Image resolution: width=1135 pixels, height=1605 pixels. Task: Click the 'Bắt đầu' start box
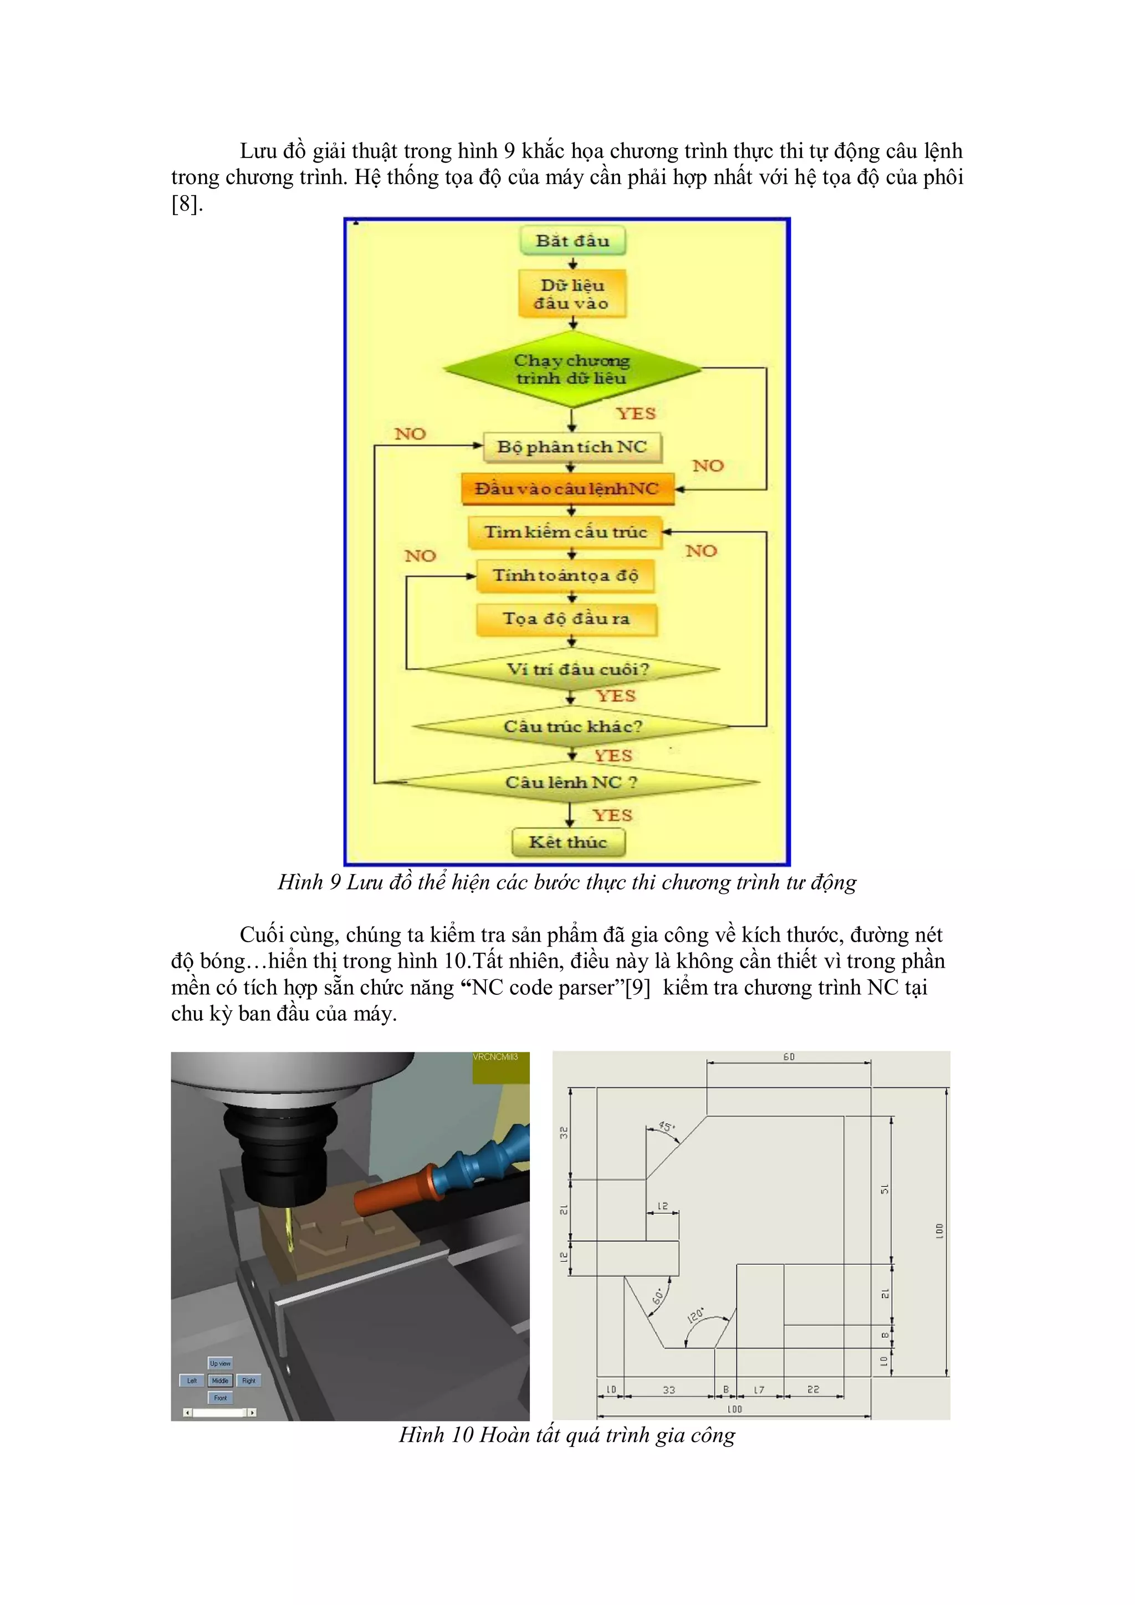572,241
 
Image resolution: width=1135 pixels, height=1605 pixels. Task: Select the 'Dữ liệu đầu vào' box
572,294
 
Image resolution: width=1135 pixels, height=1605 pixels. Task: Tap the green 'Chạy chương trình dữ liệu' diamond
572,369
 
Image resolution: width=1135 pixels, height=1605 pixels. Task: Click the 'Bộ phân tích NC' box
572,447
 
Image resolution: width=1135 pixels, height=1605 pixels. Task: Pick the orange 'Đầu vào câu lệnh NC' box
567,489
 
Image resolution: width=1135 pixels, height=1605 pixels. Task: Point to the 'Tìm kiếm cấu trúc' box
565,532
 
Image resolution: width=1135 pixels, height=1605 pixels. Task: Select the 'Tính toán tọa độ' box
565,575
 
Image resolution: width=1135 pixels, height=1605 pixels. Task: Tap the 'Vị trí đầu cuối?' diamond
572,669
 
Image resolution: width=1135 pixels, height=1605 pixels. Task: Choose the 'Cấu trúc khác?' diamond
572,727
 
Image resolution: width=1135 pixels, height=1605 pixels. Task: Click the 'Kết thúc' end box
567,842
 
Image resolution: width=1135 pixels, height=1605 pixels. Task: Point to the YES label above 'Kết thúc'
612,815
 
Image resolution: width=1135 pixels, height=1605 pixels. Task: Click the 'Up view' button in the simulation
220,1363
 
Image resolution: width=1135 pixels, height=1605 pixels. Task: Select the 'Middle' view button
220,1381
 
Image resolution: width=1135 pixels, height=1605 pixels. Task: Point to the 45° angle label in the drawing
666,1127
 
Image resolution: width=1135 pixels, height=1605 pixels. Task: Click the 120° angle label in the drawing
696,1315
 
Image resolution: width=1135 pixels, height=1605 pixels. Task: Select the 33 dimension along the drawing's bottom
669,1390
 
